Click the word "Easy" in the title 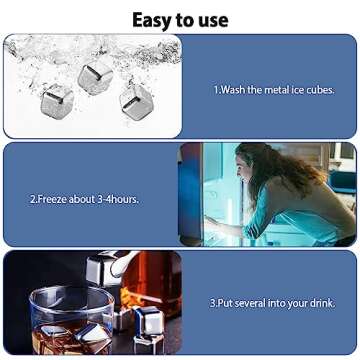152,19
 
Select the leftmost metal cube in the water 57,98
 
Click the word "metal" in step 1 275,90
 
